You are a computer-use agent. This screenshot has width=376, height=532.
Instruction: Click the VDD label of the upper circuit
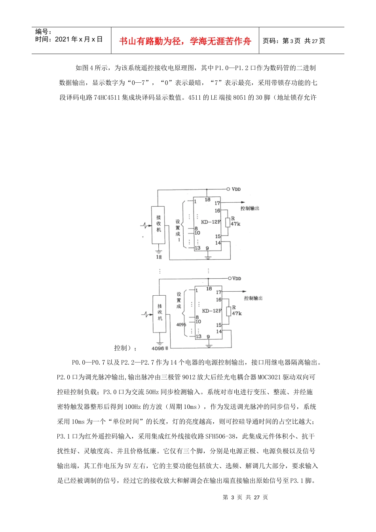tap(236, 189)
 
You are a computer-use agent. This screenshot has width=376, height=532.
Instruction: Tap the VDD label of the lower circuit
tap(236, 279)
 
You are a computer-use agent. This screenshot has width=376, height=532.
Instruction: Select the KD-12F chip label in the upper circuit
tap(211, 222)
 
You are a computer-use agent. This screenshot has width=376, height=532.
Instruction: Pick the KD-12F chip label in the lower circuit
tap(212, 311)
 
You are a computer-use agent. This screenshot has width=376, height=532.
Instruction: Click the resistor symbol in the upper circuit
tap(228, 222)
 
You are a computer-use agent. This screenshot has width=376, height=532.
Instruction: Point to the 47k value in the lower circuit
tap(237, 313)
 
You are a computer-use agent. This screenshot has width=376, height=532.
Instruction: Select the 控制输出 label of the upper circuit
tap(250, 208)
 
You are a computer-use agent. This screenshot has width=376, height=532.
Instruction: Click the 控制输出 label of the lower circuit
tap(253, 298)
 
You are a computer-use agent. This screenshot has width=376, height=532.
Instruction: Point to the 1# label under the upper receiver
tap(159, 257)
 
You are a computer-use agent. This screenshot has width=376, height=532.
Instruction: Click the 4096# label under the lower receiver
tap(160, 348)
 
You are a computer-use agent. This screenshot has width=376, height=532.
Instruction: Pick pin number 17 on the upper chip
tap(217, 203)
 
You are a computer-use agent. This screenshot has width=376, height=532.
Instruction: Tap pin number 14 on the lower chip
tap(219, 332)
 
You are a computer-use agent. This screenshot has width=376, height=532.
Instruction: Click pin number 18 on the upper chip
tap(207, 200)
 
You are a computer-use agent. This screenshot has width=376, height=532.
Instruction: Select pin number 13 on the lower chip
tap(199, 336)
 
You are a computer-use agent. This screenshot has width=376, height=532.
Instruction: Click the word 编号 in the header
tap(41, 32)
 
